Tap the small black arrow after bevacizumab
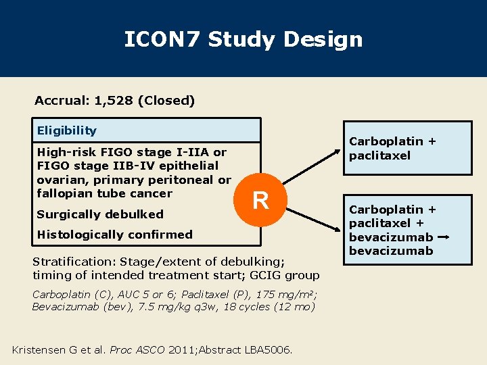click(x=445, y=238)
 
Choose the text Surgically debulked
click(x=100, y=214)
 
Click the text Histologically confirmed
click(x=114, y=235)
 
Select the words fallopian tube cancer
click(x=104, y=193)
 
